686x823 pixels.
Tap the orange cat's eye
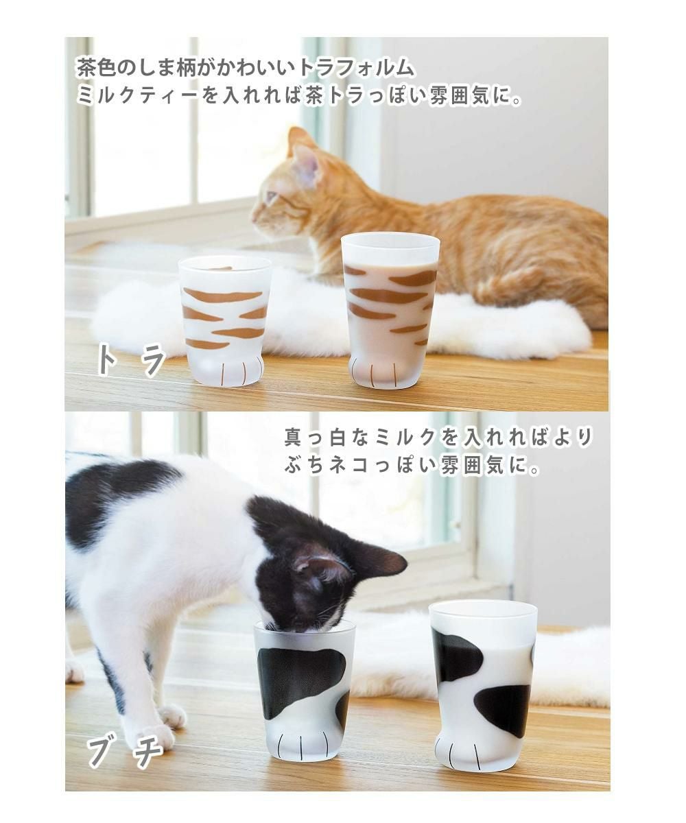(270, 197)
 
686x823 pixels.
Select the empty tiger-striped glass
(224, 320)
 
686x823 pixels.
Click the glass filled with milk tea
(390, 309)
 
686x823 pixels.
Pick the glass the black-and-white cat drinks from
(303, 689)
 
